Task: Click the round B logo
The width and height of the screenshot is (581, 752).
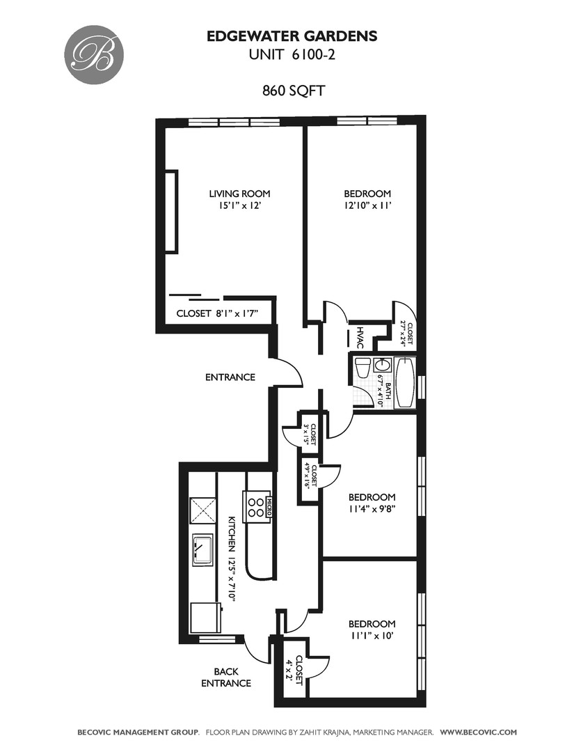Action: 94,54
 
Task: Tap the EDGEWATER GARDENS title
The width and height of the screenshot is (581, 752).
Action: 292,36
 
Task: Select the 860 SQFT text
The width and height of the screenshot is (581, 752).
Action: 294,91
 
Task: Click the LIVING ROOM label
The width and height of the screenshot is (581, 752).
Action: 239,194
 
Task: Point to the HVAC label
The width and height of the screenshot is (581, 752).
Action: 360,337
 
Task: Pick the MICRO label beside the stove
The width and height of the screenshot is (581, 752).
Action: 269,507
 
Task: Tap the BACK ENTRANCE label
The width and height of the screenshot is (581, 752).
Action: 225,677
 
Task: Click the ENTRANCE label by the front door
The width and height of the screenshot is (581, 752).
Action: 230,377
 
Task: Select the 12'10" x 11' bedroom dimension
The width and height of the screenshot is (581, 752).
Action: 367,205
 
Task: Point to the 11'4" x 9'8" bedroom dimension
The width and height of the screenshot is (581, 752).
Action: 372,509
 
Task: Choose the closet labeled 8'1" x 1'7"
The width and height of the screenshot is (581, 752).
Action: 218,313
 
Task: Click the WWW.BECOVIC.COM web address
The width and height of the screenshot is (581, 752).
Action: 479,733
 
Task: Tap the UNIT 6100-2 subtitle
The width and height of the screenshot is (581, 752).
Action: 292,55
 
